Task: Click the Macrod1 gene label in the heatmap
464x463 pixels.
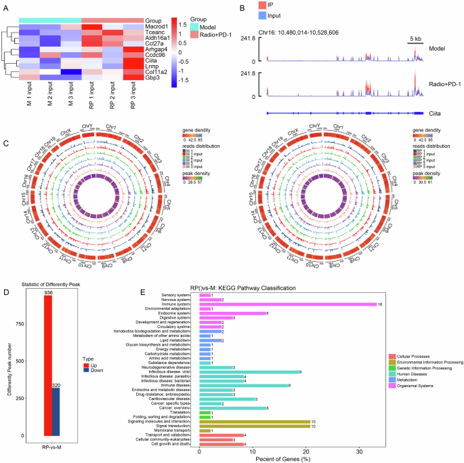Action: (158, 27)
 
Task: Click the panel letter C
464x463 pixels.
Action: (5, 144)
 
